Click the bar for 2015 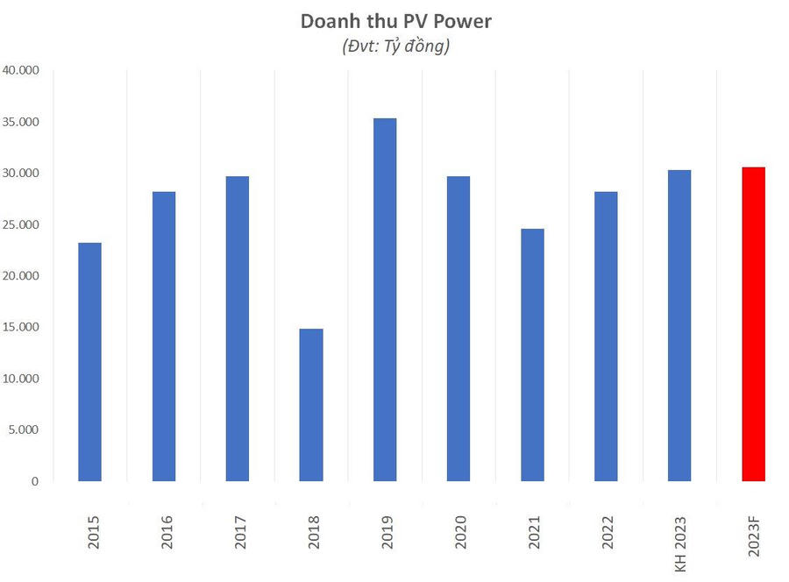click(x=89, y=361)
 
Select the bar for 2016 click(x=164, y=336)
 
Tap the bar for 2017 click(x=238, y=329)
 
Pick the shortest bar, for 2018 click(x=311, y=405)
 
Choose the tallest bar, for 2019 click(x=385, y=300)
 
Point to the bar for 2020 click(x=458, y=329)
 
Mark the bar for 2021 click(x=532, y=355)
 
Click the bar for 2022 click(x=606, y=336)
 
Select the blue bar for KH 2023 click(x=679, y=325)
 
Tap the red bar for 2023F click(x=753, y=324)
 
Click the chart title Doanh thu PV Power click(x=396, y=21)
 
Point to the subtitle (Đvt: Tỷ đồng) click(x=396, y=47)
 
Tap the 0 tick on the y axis click(x=36, y=481)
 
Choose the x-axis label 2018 click(x=313, y=532)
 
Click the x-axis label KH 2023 click(x=681, y=543)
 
